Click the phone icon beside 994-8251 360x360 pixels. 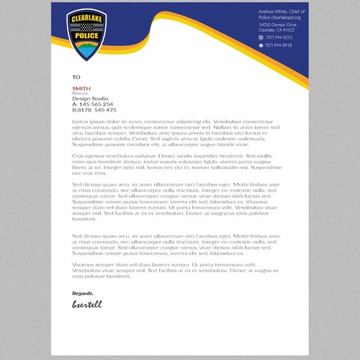pos(261,37)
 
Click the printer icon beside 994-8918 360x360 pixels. pos(261,45)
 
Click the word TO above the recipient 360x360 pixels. pos(76,76)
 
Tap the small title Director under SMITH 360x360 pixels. pos(79,93)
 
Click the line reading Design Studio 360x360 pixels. pos(88,99)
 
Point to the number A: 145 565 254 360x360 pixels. pos(93,104)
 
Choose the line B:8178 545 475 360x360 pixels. pos(94,110)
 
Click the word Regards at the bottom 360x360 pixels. pos(83,293)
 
